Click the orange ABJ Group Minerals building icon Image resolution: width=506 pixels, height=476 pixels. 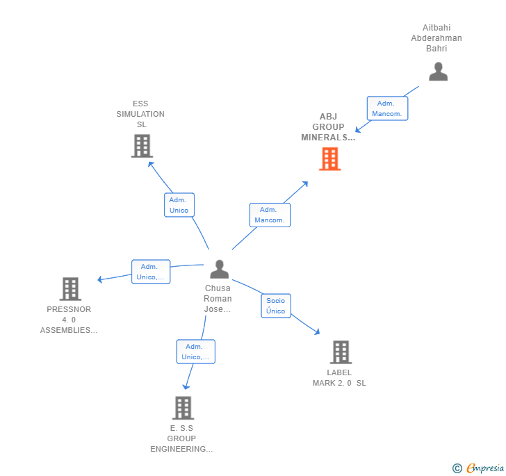click(x=329, y=159)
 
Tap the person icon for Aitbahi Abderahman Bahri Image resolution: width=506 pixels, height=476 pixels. click(x=438, y=72)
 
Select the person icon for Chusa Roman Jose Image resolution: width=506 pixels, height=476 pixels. click(x=219, y=269)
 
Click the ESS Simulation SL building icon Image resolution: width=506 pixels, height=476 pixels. click(x=142, y=146)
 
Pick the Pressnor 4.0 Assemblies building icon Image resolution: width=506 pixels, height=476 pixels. click(x=70, y=288)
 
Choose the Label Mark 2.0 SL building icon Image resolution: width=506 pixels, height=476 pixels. click(x=340, y=352)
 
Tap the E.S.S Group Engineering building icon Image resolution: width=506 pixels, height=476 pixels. click(x=182, y=408)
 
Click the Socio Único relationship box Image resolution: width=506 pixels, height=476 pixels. click(x=275, y=306)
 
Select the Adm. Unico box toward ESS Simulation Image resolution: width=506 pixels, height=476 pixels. click(x=179, y=205)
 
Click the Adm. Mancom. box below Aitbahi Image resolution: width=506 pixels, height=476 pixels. click(x=387, y=108)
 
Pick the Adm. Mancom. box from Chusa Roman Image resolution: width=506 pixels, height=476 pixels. click(x=270, y=215)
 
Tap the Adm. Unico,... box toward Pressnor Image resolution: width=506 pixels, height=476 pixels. click(x=151, y=272)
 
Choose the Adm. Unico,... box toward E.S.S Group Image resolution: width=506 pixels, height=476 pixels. click(x=195, y=352)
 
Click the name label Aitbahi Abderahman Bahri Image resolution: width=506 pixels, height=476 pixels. click(x=436, y=38)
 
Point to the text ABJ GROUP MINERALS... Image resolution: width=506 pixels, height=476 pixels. click(x=328, y=127)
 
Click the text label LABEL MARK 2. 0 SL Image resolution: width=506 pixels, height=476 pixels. click(x=339, y=377)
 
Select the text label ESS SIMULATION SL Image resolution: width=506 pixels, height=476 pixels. click(x=141, y=114)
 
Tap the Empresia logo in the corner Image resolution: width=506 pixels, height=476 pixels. click(x=484, y=468)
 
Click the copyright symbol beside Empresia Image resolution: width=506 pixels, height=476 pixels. click(x=457, y=468)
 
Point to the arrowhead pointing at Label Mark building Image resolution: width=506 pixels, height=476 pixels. click(x=317, y=333)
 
